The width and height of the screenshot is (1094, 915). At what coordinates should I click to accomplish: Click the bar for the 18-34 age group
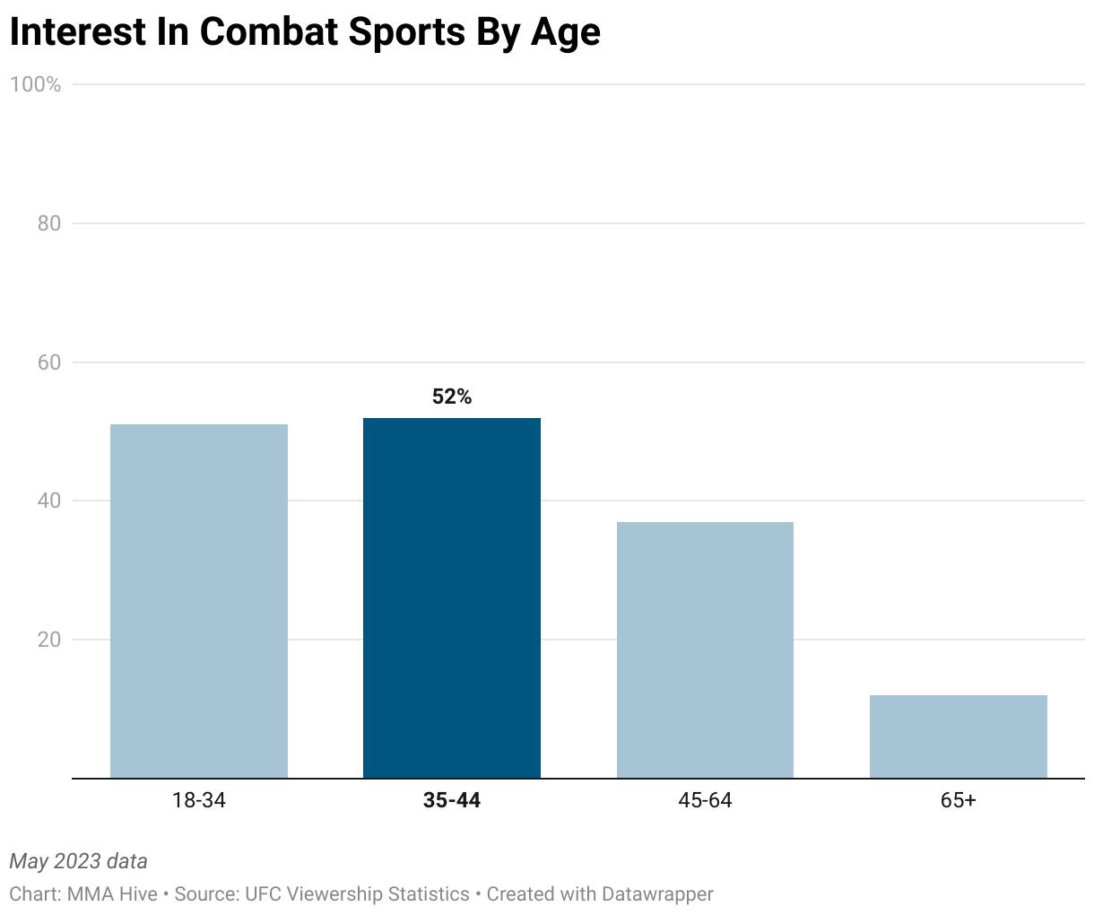(199, 601)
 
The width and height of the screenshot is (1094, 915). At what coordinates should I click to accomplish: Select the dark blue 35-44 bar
(452, 598)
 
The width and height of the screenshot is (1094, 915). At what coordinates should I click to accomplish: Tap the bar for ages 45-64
(705, 650)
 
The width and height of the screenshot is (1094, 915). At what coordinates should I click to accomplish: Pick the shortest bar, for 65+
(958, 736)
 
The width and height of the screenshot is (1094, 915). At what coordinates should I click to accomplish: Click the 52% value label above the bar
(452, 396)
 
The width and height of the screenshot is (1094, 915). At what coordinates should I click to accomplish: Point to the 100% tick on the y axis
(35, 84)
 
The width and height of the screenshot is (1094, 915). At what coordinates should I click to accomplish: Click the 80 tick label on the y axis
(49, 223)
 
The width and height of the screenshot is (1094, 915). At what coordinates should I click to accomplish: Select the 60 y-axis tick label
(49, 362)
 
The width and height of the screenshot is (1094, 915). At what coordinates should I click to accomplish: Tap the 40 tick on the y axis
(49, 501)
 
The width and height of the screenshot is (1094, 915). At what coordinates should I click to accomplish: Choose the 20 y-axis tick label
(49, 640)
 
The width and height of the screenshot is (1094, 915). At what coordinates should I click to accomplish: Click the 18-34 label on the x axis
(199, 800)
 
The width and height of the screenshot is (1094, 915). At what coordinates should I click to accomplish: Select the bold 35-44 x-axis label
(452, 800)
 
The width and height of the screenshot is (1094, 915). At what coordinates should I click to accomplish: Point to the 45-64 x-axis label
(705, 800)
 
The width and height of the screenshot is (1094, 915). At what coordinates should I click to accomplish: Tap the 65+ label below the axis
(958, 800)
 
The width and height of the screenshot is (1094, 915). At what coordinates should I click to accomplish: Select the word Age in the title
(565, 32)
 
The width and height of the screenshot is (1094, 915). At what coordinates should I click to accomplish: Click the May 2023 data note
(78, 861)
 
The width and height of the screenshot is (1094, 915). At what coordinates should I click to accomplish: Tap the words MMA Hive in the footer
(112, 894)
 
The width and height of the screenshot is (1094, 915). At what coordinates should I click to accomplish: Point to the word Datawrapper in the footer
(657, 894)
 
